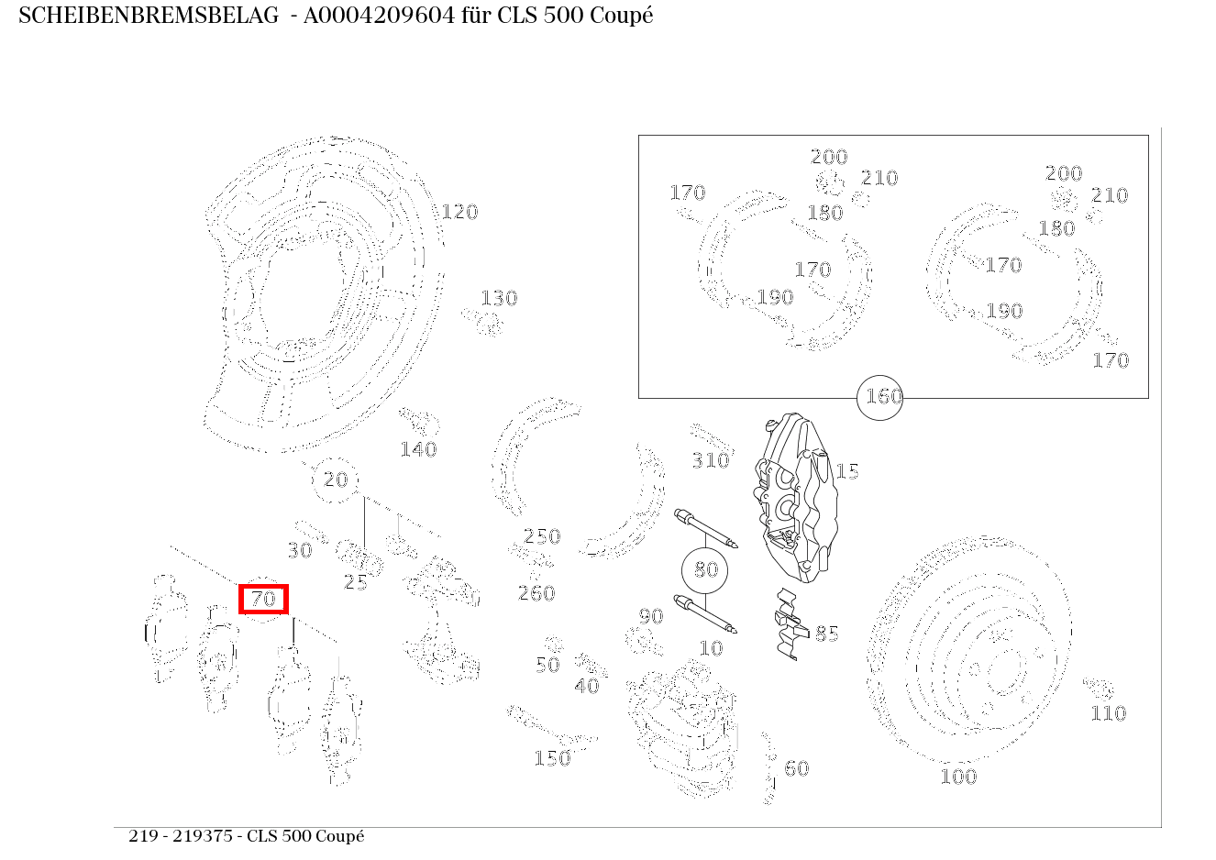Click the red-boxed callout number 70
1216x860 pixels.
tap(263, 599)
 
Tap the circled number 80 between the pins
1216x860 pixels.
tap(706, 569)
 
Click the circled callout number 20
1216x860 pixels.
tap(335, 480)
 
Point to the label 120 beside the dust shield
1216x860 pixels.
tap(459, 212)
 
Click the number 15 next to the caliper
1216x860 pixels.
tap(847, 471)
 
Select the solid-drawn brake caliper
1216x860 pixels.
tap(795, 497)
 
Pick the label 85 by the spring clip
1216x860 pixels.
tap(827, 634)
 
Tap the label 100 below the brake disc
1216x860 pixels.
tap(958, 777)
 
